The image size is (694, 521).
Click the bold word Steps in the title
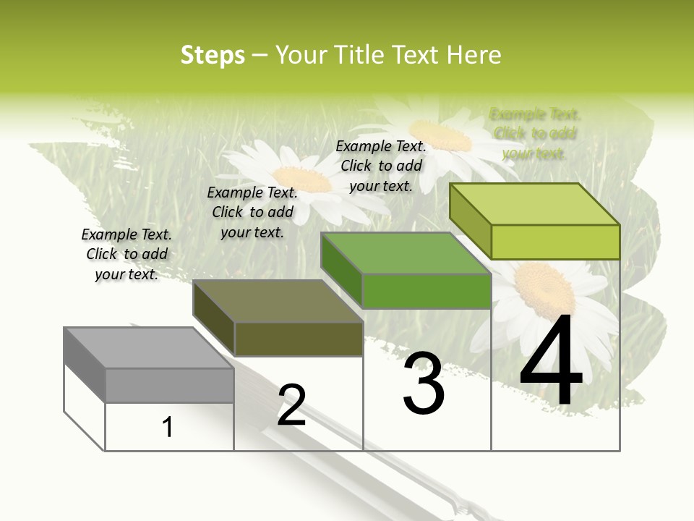(x=213, y=55)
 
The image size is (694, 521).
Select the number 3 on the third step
(x=424, y=384)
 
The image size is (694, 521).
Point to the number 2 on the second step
(x=291, y=405)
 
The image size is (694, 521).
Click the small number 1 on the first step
(x=168, y=427)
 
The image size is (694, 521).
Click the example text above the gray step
(x=127, y=254)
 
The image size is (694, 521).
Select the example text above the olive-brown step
(x=252, y=212)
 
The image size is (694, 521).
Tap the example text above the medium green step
(x=381, y=166)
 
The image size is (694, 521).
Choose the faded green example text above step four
(x=534, y=133)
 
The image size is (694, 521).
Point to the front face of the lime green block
(x=555, y=242)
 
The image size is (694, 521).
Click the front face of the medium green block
(x=427, y=291)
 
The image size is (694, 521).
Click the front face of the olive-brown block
(x=299, y=339)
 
